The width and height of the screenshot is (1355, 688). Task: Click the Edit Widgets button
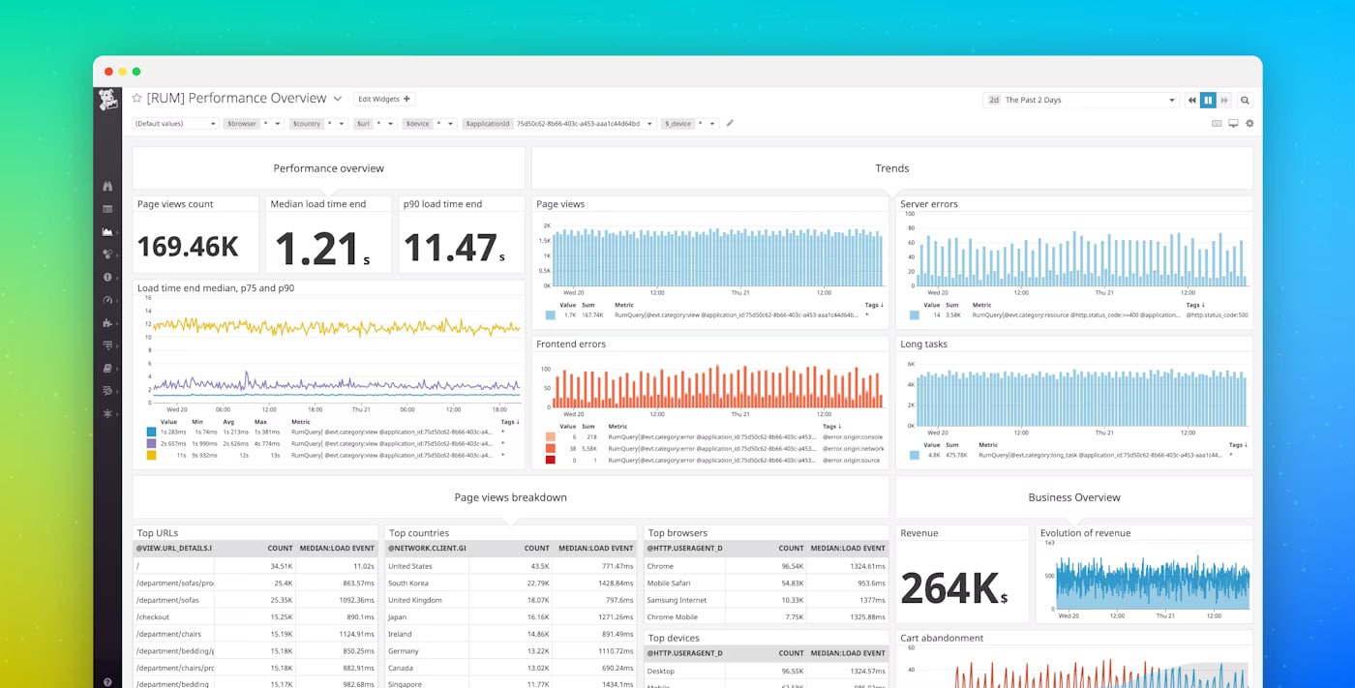pos(383,99)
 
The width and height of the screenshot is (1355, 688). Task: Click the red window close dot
pos(108,72)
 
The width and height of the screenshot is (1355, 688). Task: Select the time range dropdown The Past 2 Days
pos(1079,100)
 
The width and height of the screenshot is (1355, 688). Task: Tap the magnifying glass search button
pos(1245,100)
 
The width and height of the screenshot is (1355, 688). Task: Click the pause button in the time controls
pos(1208,100)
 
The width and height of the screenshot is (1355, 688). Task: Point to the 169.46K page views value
pos(188,247)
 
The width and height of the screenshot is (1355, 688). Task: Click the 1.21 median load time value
pos(317,248)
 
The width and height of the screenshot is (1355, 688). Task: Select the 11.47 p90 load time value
pos(450,248)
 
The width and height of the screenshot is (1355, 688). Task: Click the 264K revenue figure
pos(948,587)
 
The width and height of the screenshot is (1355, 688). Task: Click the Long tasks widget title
pos(923,344)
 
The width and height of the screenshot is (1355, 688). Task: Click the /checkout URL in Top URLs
pos(154,616)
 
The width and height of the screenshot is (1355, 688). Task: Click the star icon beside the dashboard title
pos(137,99)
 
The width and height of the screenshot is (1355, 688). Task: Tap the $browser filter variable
pos(241,124)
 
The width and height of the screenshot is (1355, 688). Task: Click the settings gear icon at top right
pos(1250,124)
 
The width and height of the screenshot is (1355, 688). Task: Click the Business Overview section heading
pos(1073,497)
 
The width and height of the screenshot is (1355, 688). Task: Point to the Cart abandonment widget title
pos(942,638)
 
